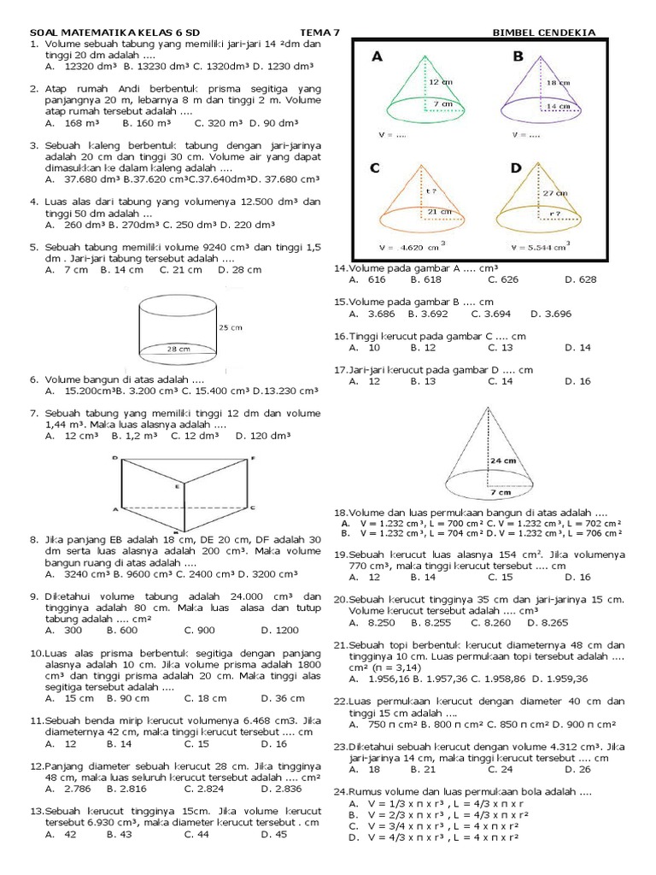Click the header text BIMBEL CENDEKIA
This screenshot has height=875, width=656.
[544, 32]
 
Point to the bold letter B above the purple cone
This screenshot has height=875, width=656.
[518, 56]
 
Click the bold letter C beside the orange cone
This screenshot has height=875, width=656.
[375, 169]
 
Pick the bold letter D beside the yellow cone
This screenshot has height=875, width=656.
[516, 169]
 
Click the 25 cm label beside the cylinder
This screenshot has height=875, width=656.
[231, 327]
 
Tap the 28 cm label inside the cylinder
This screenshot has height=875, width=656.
[179, 349]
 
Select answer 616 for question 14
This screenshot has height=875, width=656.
[376, 279]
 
